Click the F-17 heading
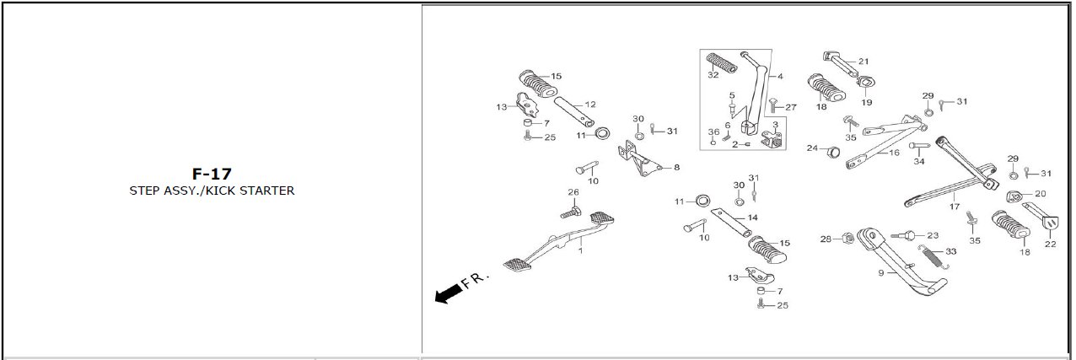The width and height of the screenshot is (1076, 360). (212, 174)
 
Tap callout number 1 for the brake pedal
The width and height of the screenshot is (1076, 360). (581, 250)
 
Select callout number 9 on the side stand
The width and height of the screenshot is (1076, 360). (880, 273)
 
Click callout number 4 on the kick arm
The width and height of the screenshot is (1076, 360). (780, 76)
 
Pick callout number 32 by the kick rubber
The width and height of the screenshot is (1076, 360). (713, 75)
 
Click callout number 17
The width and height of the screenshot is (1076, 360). (954, 206)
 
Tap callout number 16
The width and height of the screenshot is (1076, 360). (894, 153)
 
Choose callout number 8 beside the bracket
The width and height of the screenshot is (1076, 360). (676, 167)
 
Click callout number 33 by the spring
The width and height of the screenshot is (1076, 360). (950, 251)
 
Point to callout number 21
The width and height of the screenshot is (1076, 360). (863, 61)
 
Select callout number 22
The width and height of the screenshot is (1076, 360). (1050, 244)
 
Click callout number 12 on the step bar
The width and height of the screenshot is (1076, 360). (590, 105)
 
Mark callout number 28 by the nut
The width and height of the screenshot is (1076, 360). (826, 239)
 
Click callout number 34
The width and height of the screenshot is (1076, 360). (918, 162)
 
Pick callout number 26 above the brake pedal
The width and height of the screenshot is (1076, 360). (573, 192)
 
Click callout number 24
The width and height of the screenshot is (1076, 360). (812, 148)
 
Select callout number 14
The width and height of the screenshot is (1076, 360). (752, 218)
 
